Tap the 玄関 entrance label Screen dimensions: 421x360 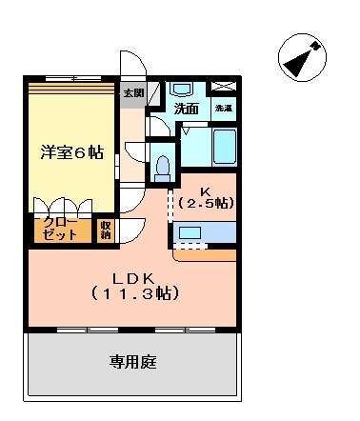(x=133, y=93)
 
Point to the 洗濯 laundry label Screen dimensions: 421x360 (x=223, y=110)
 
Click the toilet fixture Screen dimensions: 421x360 (x=163, y=166)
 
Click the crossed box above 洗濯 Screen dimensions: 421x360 (x=223, y=89)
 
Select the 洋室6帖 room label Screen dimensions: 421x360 (x=71, y=152)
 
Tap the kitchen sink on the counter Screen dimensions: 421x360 (x=190, y=231)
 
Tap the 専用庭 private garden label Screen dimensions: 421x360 (x=131, y=362)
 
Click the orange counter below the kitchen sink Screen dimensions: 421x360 (x=205, y=252)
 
